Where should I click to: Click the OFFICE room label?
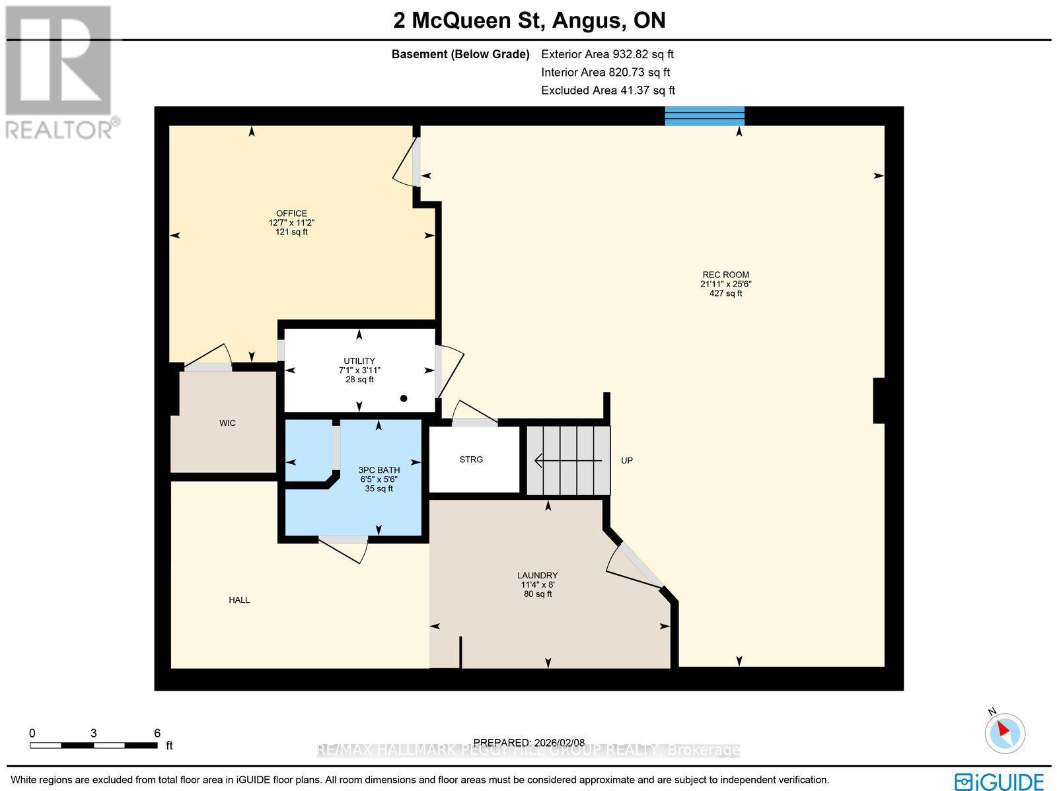pyautogui.click(x=291, y=213)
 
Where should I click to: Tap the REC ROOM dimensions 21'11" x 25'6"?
pyautogui.click(x=725, y=284)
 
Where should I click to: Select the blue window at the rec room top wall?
pyautogui.click(x=704, y=116)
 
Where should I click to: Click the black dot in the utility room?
pyautogui.click(x=404, y=398)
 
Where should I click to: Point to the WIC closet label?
pyautogui.click(x=227, y=423)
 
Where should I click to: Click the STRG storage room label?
pyautogui.click(x=471, y=460)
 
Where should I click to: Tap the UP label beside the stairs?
pyautogui.click(x=626, y=460)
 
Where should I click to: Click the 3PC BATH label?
pyautogui.click(x=379, y=470)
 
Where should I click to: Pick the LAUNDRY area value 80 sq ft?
pyautogui.click(x=538, y=594)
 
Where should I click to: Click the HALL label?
pyautogui.click(x=239, y=600)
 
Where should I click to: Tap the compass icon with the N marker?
pyautogui.click(x=1005, y=732)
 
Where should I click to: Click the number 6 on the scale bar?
pyautogui.click(x=157, y=733)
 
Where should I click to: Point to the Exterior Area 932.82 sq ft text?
pyautogui.click(x=607, y=55)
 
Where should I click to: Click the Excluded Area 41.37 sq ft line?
pyautogui.click(x=608, y=90)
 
